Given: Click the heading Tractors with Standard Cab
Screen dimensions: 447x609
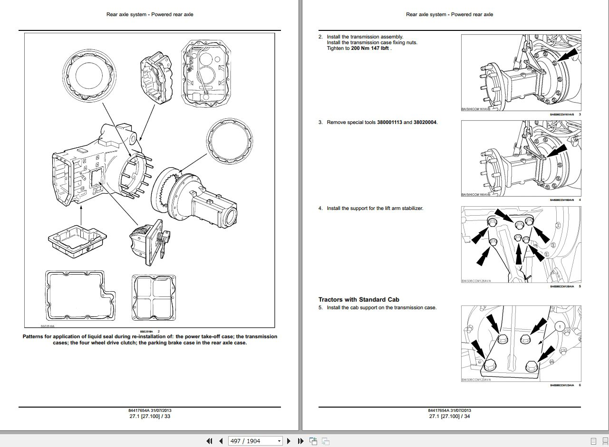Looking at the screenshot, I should [x=358, y=299].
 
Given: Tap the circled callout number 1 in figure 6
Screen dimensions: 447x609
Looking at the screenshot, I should [x=560, y=327].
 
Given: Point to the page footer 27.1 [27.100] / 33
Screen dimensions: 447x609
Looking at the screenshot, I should [x=150, y=416].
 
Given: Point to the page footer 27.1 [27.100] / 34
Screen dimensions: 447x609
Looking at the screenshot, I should [x=449, y=416].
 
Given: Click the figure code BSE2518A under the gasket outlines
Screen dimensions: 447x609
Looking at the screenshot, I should [x=48, y=326].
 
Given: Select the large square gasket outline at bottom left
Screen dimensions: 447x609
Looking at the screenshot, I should [x=80, y=295].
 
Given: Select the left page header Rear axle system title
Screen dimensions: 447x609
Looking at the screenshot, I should [x=150, y=14].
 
